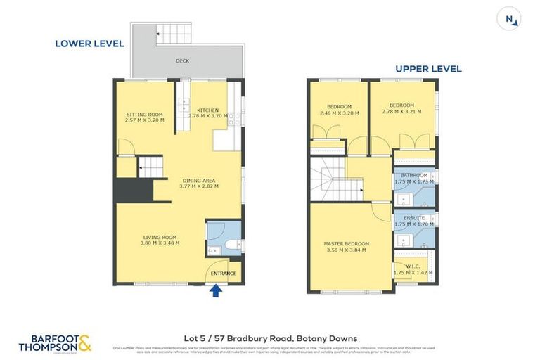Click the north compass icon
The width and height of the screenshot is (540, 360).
(x=511, y=19)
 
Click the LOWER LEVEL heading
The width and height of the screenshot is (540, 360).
(x=89, y=44)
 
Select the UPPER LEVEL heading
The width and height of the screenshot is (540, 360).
(x=428, y=69)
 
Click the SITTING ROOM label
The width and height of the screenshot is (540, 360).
(x=145, y=114)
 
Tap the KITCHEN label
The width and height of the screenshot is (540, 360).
(x=208, y=110)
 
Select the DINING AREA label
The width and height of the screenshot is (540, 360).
(x=199, y=181)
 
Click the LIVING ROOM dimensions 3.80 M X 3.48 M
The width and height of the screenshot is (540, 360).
(x=160, y=243)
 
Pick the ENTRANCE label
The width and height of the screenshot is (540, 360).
(x=223, y=274)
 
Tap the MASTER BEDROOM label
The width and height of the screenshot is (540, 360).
(x=346, y=244)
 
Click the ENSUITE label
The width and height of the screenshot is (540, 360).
(x=413, y=218)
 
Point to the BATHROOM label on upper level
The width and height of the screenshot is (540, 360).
(x=413, y=175)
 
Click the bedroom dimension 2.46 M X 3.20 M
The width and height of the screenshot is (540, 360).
(x=339, y=112)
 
